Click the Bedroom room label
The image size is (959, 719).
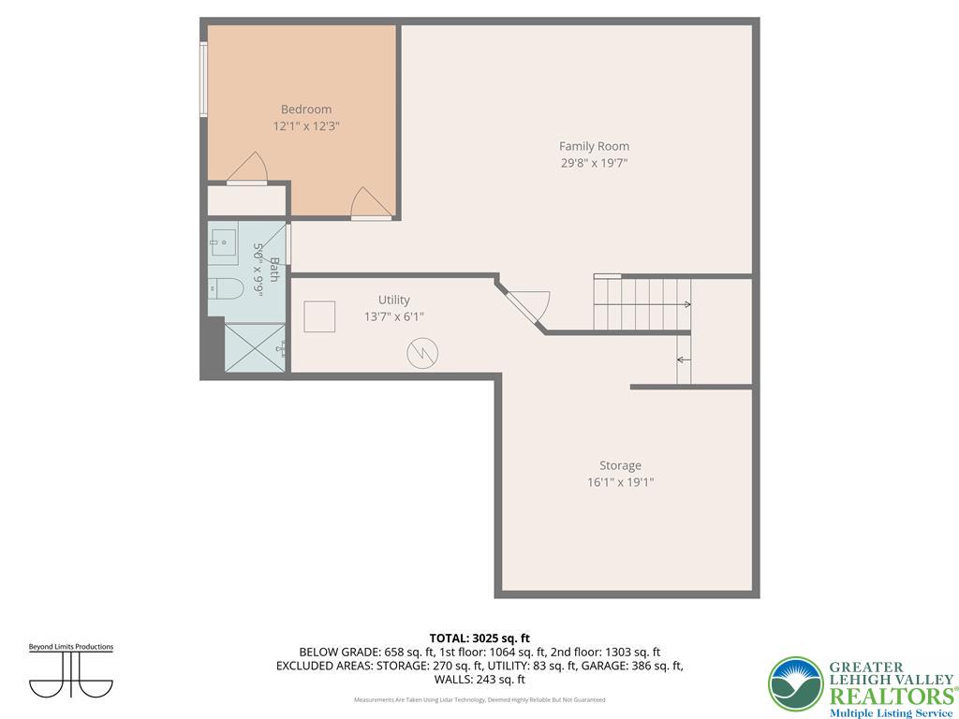305,110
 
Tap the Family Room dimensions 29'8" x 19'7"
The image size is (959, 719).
594,163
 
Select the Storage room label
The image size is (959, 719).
620,465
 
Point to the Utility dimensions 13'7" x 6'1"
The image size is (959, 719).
393,316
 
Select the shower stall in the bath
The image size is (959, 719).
255,347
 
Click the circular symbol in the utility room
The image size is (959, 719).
421,353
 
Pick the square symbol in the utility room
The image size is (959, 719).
319,316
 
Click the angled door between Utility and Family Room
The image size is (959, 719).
526,306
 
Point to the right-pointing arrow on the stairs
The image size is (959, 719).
686,304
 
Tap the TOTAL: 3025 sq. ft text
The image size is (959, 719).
479,638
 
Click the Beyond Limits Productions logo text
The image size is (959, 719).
70,647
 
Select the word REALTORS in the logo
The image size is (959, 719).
890,696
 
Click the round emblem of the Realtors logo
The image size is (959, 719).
795,684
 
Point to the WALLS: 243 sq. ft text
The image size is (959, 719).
479,680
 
